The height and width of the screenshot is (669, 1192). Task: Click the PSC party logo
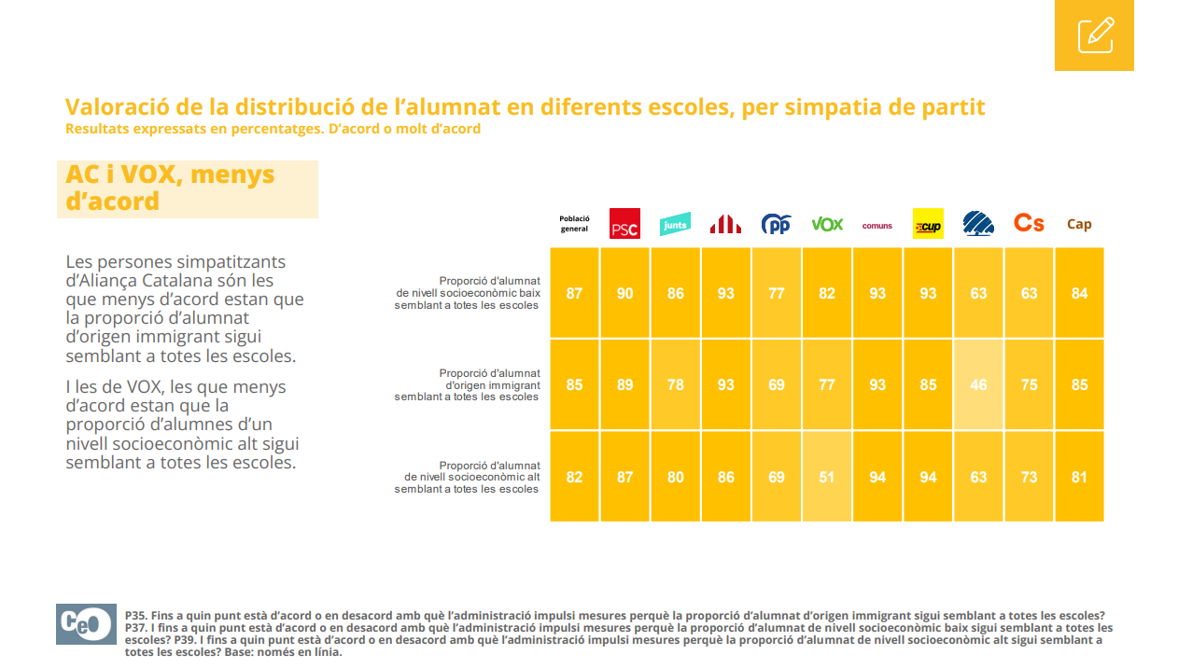coord(624,224)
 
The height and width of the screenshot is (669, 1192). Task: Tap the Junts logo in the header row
coord(675,225)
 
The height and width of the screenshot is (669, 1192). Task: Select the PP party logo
coord(776,224)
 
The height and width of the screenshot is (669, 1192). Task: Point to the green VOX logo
coord(827,224)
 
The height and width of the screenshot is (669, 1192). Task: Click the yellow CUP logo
coord(928,224)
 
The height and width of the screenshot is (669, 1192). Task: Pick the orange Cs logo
coord(1029,223)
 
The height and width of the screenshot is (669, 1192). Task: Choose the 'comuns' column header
coord(877,225)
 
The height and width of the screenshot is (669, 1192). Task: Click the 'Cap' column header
coord(1079,224)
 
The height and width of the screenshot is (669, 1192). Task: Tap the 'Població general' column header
coord(574,224)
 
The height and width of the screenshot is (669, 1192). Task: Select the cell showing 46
coord(978,384)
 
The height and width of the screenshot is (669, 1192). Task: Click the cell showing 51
coord(827,477)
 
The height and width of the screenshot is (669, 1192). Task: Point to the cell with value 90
coord(624,293)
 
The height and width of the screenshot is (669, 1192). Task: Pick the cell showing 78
coord(675,384)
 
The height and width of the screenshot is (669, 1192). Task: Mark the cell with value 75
coord(1029,384)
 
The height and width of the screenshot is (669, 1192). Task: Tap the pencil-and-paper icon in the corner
coord(1094,35)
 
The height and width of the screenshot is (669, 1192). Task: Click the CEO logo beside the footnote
coord(86,624)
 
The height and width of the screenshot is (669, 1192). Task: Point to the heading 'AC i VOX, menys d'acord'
coord(170,188)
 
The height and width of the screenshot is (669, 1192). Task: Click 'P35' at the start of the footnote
coord(136,616)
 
